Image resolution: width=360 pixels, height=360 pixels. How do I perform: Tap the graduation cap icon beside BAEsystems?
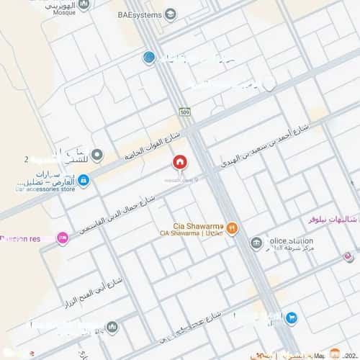tap(171, 14)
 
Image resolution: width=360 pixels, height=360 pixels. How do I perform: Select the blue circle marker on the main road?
tap(149, 58)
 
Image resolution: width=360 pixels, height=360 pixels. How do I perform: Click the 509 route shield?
tap(184, 112)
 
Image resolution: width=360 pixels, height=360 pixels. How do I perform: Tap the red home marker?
tap(179, 162)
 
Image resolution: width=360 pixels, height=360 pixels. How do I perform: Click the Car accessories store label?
tap(43, 191)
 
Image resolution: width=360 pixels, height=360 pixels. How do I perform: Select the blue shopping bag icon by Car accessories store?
tap(84, 180)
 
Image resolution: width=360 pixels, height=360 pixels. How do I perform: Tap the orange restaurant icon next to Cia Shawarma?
tap(232, 228)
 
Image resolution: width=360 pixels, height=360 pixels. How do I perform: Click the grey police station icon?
tap(256, 243)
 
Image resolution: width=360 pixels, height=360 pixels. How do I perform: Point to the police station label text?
tap(291, 241)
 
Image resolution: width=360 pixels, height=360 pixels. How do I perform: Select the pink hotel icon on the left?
tap(63, 237)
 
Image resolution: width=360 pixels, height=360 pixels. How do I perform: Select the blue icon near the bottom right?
tap(291, 317)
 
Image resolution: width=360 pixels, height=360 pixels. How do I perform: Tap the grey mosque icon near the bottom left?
tap(112, 328)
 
